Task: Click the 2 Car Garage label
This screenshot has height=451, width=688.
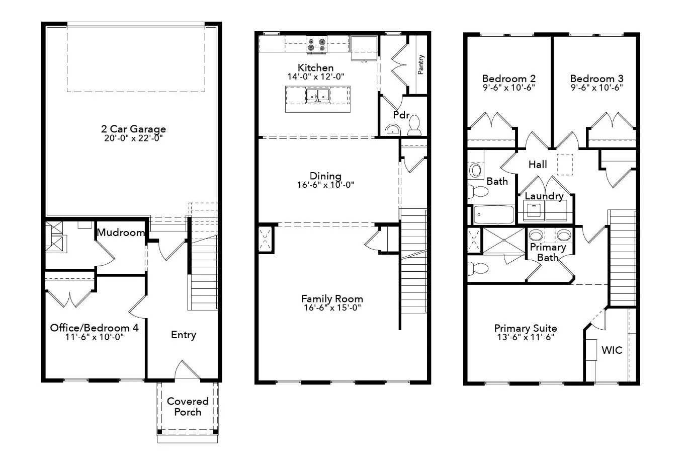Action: coord(133,129)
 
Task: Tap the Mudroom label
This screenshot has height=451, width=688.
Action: coord(121,233)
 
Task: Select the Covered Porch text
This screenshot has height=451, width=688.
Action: coord(188,407)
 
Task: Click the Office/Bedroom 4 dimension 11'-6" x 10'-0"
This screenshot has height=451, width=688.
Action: coord(94,337)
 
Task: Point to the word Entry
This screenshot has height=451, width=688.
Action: coord(183,335)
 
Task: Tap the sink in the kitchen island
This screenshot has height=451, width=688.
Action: coord(318,95)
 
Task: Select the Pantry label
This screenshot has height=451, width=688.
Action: coord(421,64)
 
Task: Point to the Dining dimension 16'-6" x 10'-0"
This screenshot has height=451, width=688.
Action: coord(325,185)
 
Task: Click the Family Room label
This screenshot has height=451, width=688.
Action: coord(332,298)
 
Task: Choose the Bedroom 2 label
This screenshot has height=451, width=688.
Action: coord(508,79)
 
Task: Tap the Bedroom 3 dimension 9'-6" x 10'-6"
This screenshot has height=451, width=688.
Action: coord(596,87)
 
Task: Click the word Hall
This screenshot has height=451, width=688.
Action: coord(538,165)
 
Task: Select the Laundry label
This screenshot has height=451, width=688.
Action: coord(544,196)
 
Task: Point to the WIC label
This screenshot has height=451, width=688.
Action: coord(612,350)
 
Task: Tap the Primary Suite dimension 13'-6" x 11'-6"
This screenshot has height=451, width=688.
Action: coord(525,337)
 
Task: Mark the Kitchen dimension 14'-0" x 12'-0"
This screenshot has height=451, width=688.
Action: coord(315,77)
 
